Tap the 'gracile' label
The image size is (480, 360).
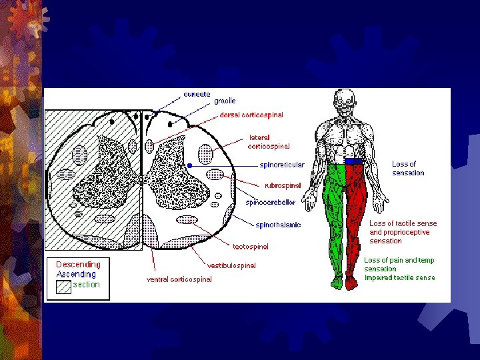point(225,101)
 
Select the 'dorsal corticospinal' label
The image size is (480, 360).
point(251,115)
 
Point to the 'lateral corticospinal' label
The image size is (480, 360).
point(269,142)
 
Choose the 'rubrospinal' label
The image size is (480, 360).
point(283,185)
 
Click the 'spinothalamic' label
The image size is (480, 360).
point(279,225)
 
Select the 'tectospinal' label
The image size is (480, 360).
point(251,247)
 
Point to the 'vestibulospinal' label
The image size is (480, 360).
point(231,265)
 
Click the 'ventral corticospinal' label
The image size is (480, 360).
point(179,279)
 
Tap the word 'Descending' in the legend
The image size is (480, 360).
point(78,265)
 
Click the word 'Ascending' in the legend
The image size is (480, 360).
point(76,274)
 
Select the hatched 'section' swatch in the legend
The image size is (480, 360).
point(63,287)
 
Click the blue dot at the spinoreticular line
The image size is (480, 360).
point(190,165)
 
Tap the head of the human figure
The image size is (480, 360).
point(345,101)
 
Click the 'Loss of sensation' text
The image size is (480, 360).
point(407,169)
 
